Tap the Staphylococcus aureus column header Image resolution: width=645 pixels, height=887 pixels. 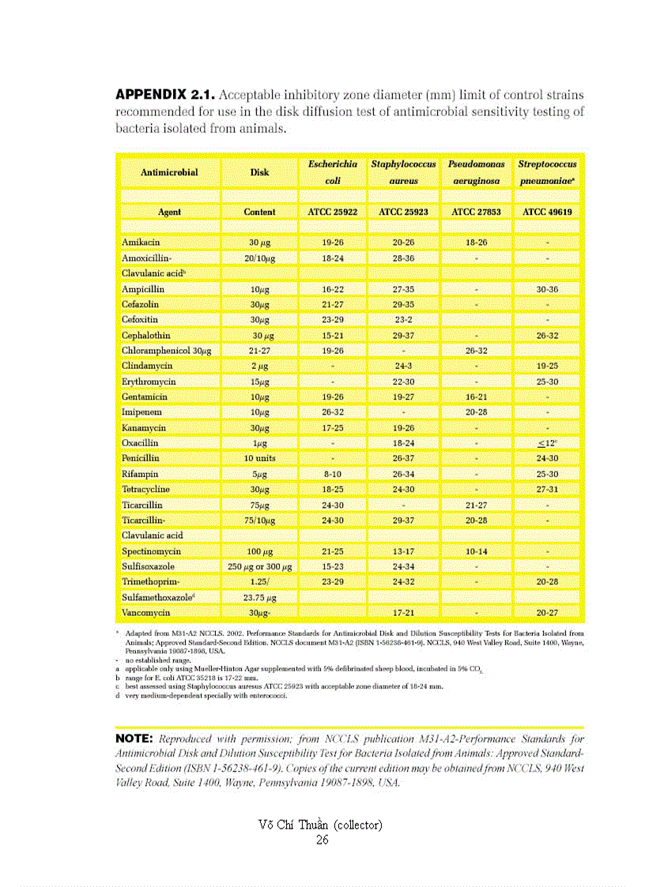(x=403, y=172)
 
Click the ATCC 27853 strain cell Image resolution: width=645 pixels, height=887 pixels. (x=476, y=212)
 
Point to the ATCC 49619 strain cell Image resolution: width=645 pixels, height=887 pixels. (x=547, y=212)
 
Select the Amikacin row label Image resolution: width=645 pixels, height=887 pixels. (x=141, y=243)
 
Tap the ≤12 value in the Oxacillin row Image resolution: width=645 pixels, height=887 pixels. (x=547, y=443)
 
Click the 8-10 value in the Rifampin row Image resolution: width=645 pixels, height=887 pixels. (x=332, y=474)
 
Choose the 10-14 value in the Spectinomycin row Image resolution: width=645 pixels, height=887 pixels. (x=476, y=551)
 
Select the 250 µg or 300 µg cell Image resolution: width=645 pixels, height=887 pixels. (x=259, y=566)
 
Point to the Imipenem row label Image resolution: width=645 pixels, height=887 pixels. (x=142, y=412)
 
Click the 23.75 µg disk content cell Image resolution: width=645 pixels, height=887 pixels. (x=259, y=597)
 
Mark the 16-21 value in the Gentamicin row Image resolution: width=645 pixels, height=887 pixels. (x=476, y=397)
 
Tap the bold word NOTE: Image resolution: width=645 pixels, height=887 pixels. (x=138, y=738)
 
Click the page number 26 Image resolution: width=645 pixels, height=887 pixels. (x=322, y=840)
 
